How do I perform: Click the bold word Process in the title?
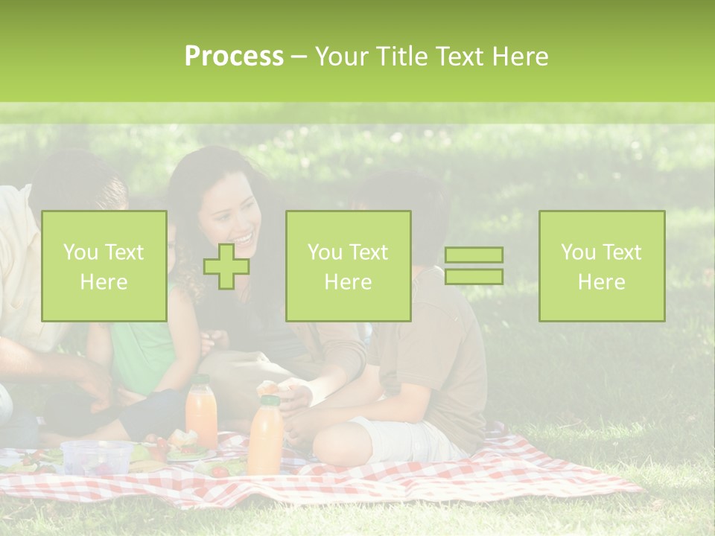234,57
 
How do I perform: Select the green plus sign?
226,266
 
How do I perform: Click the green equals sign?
474,266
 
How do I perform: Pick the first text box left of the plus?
104,266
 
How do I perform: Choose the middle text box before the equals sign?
348,266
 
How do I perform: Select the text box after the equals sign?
601,266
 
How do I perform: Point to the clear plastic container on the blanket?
96,456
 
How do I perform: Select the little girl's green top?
142,357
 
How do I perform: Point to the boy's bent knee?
339,447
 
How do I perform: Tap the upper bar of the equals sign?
474,255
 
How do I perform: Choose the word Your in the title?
340,57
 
